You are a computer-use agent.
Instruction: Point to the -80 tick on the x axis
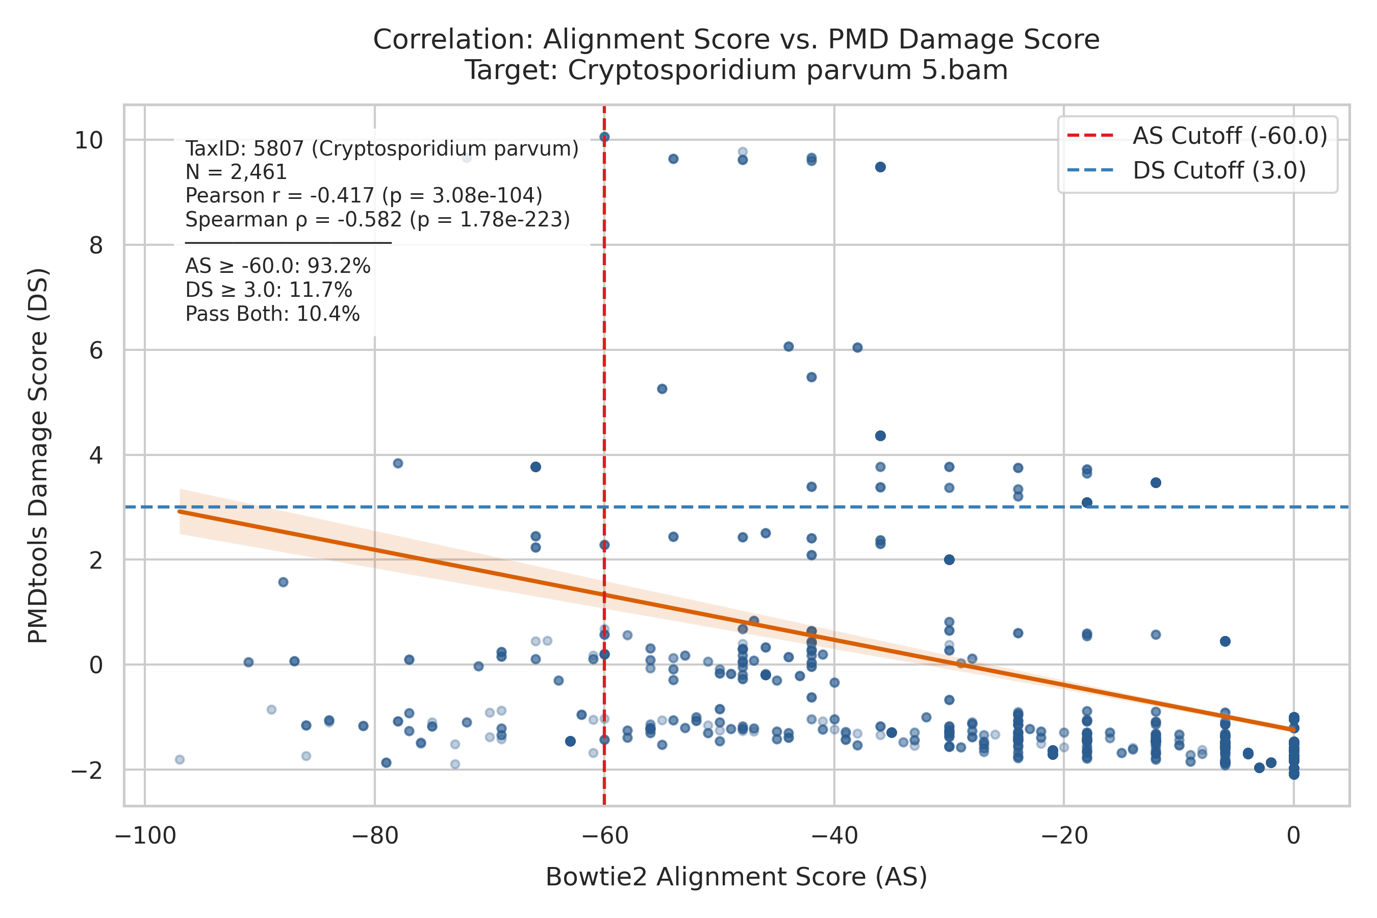click(375, 836)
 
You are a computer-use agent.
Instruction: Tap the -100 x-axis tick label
click(145, 836)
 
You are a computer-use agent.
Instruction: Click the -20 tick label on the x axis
click(1064, 836)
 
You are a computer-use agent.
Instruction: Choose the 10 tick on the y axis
click(88, 141)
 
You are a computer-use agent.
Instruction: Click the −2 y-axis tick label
click(87, 771)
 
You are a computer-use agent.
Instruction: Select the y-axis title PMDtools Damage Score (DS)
click(38, 456)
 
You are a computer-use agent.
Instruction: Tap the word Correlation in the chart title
click(453, 40)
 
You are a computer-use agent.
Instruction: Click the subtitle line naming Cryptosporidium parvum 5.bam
click(736, 70)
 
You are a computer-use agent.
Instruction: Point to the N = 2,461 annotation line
click(236, 172)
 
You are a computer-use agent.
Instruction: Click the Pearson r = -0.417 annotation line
click(364, 195)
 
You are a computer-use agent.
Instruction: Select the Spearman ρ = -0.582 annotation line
click(377, 219)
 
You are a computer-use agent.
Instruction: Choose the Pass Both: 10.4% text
click(272, 314)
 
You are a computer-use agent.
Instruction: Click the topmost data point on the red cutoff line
click(605, 137)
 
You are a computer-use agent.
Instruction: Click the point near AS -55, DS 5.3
click(662, 389)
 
